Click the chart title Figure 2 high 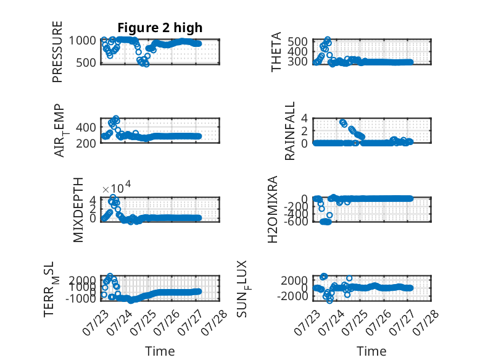tap(160, 28)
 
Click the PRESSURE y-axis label tap(57, 52)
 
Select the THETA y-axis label tap(276, 52)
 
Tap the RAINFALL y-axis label tap(289, 131)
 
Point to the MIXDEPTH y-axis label tap(78, 210)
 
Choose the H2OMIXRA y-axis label tap(273, 209)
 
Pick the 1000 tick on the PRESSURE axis tap(82, 40)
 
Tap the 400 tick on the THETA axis tap(297, 51)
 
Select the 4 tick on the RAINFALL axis tap(304, 118)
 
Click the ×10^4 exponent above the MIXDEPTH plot tap(117, 187)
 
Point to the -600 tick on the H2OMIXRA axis tap(296, 221)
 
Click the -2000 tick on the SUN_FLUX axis tap(292, 296)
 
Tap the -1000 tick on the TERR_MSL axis tap(80, 298)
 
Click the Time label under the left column tap(160, 351)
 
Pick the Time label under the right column tap(371, 351)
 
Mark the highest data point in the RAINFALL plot tap(342, 122)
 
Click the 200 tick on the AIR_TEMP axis tap(85, 143)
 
